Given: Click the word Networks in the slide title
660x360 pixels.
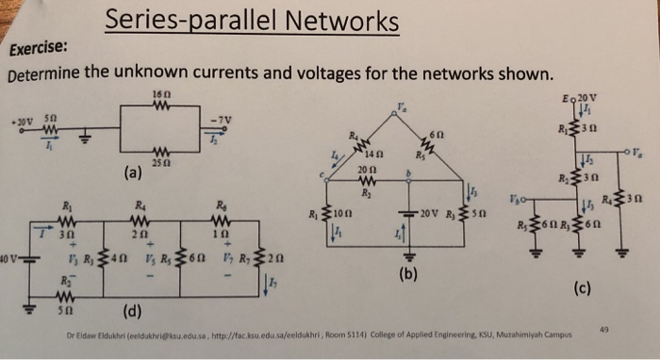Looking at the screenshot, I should coord(334,21).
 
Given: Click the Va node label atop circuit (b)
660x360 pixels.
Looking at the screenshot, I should coord(400,107).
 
